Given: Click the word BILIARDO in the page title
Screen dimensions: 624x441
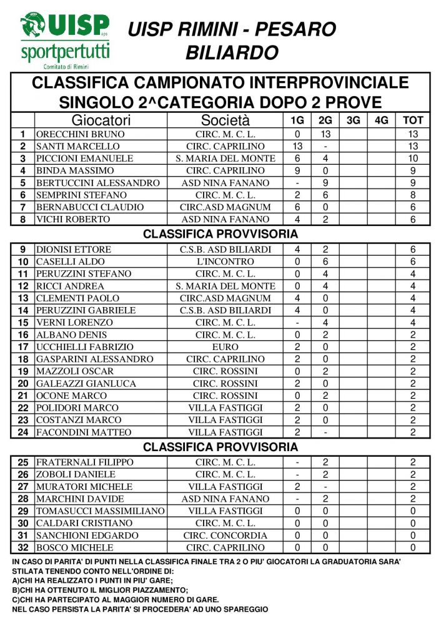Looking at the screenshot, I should [x=232, y=53].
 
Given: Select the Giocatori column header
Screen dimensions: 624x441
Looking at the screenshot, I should [x=101, y=120].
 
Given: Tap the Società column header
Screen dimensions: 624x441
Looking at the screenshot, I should [x=225, y=120].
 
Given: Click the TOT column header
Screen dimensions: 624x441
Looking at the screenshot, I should [x=413, y=120].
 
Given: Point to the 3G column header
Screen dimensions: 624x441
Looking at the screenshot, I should [x=353, y=120].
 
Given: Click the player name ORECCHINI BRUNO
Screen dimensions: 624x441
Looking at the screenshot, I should [x=81, y=134].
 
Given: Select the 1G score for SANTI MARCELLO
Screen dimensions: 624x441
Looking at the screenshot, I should [x=297, y=146].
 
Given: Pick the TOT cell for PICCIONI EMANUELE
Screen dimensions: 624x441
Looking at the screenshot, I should [x=413, y=158].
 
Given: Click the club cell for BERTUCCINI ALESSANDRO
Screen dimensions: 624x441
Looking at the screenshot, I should [x=225, y=183].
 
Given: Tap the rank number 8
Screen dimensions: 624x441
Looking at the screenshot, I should [x=23, y=219].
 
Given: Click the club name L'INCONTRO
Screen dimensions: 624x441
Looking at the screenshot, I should [x=225, y=261].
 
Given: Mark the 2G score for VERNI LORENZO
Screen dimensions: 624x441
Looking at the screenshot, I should [x=325, y=323].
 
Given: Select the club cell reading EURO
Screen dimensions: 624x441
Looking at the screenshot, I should [x=225, y=347].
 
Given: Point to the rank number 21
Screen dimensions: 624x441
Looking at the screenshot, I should [x=23, y=396].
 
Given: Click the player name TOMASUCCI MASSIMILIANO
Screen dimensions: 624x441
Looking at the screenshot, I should [x=100, y=511].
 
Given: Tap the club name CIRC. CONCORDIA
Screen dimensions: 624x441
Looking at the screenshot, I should [x=225, y=535].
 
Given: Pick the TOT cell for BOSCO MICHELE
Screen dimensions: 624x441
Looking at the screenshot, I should [x=413, y=548].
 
